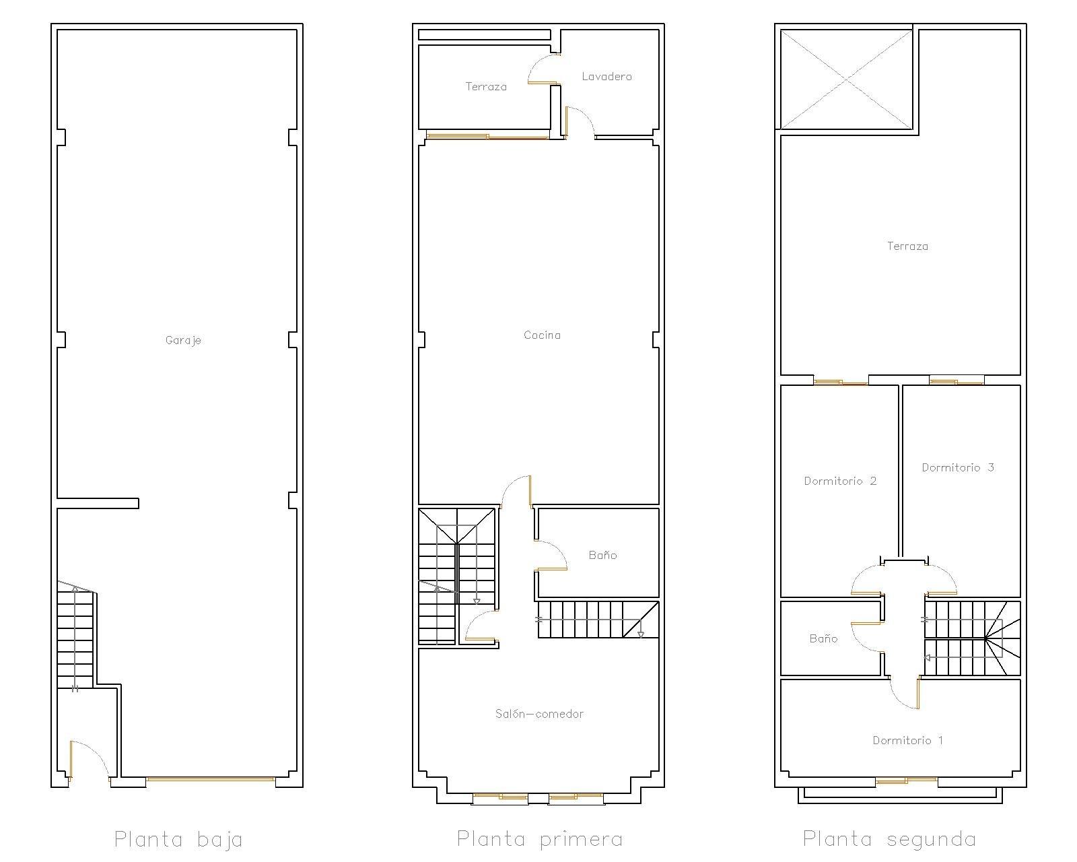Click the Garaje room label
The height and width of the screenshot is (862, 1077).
pos(183,341)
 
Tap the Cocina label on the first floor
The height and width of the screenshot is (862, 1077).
pos(542,335)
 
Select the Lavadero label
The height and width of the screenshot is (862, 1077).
pos(606,77)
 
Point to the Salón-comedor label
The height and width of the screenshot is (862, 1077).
pos(539,714)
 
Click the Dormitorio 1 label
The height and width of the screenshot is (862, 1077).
pos(908,740)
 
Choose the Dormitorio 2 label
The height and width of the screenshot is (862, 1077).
pos(840,481)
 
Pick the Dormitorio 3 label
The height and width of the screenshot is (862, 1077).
pos(958,467)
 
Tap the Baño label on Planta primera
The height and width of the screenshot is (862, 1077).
pos(602,555)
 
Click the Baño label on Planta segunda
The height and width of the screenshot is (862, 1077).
pos(823,638)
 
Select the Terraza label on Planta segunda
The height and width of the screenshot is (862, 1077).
pos(907,246)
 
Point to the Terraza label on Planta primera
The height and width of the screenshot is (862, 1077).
pos(486,87)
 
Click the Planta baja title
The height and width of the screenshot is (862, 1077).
pos(178,840)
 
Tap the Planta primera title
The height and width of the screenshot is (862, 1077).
pos(539,840)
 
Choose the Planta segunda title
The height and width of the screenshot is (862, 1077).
pos(889,840)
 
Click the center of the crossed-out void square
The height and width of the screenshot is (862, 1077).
pos(846,79)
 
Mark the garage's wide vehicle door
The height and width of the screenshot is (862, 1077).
pos(210,779)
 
